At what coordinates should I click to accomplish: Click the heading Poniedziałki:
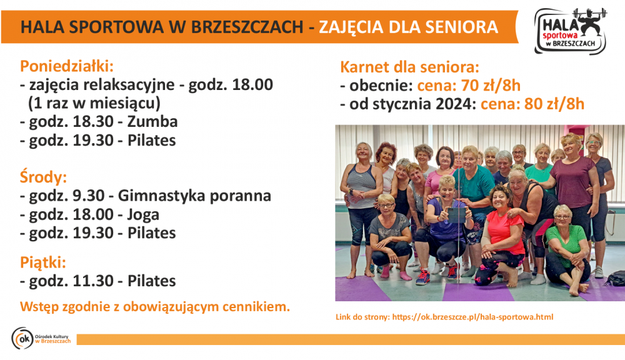click(x=67, y=66)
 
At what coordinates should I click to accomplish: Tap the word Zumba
click(x=152, y=122)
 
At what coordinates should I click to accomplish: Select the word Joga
click(x=143, y=215)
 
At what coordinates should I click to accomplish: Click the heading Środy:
click(x=44, y=177)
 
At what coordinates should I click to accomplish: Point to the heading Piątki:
click(x=43, y=262)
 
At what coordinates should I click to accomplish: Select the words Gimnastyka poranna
click(x=194, y=196)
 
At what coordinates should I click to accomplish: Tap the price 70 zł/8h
click(x=491, y=86)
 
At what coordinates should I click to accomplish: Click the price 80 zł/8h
click(x=554, y=104)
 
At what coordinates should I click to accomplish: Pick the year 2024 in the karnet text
click(x=454, y=104)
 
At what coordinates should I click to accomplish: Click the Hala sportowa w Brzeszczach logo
click(x=571, y=31)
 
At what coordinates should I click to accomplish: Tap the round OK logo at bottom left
click(x=22, y=339)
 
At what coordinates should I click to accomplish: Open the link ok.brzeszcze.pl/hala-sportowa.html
click(x=472, y=317)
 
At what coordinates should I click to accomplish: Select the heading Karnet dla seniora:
click(x=409, y=67)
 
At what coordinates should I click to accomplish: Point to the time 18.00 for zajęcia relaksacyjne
click(x=252, y=84)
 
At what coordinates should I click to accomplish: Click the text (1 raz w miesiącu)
click(x=94, y=103)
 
